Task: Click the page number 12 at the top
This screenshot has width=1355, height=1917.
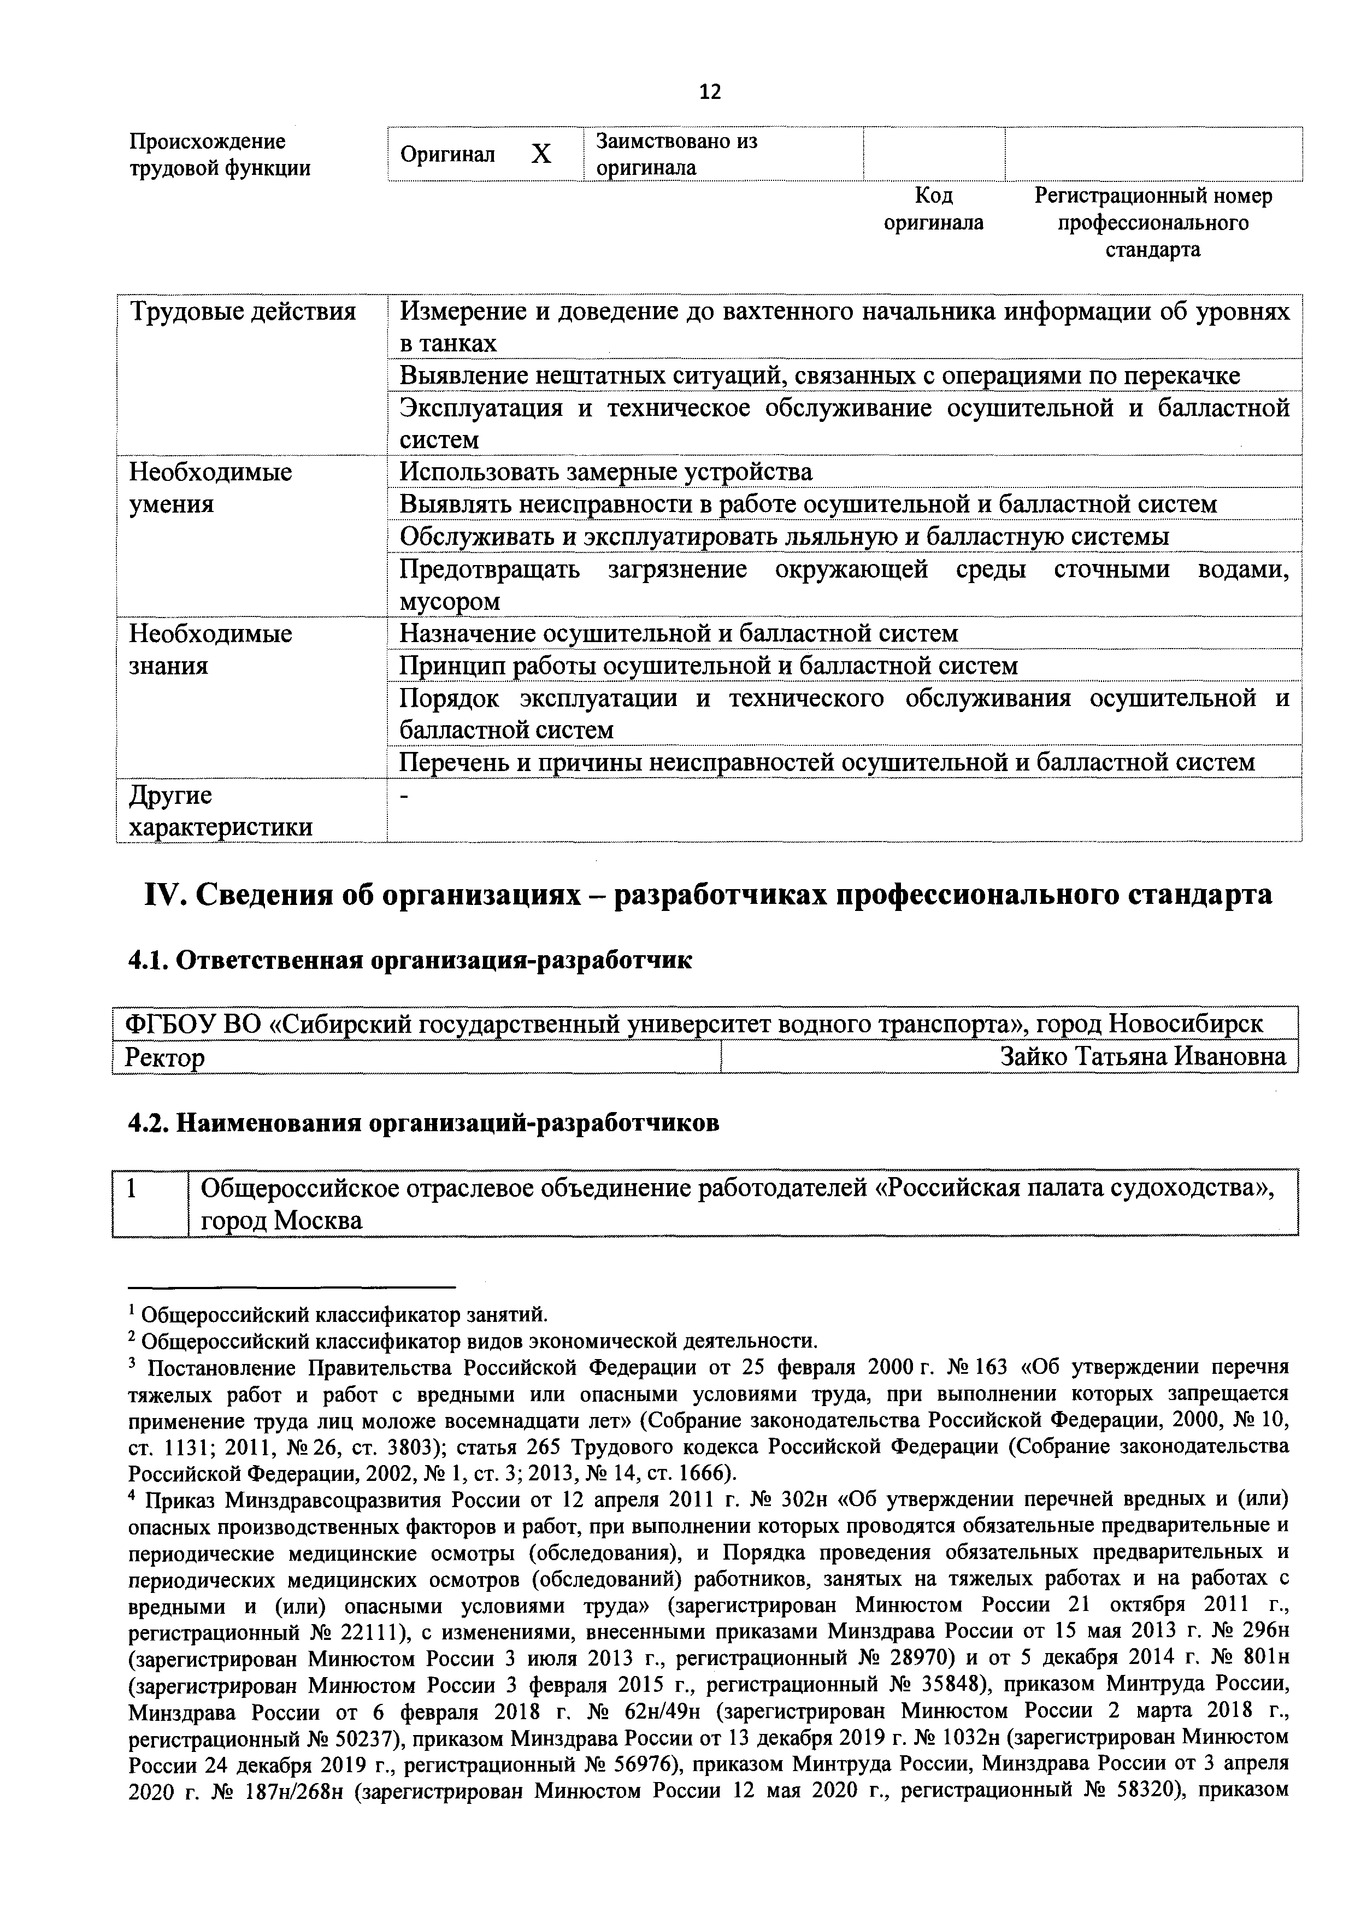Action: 710,92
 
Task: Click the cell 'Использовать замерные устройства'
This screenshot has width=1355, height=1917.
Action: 606,473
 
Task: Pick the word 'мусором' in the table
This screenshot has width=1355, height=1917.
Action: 450,601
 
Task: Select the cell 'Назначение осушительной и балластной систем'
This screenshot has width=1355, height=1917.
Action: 679,634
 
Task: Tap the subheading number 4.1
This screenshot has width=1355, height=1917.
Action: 147,961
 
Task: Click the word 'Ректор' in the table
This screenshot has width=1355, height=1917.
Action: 164,1059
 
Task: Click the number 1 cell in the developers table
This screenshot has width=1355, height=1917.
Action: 132,1188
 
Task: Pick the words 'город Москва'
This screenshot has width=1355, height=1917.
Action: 282,1221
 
